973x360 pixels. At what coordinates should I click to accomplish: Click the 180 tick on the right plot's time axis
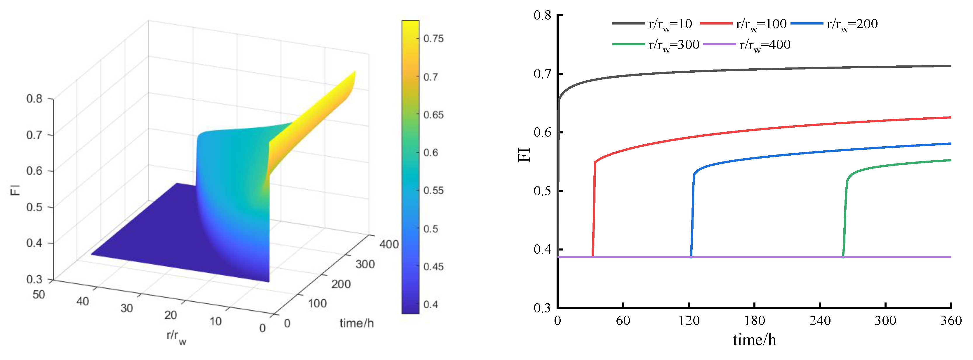[754, 321]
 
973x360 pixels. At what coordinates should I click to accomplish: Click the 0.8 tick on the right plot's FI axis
[542, 15]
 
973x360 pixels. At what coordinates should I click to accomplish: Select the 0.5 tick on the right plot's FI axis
[542, 191]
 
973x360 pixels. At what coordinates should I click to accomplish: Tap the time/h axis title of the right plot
[754, 340]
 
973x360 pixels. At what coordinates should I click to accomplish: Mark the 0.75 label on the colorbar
[433, 39]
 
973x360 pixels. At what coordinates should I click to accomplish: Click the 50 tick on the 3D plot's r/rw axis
[39, 294]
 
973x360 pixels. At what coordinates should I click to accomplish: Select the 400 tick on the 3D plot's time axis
[389, 244]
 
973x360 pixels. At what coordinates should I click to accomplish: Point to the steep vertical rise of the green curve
[845, 219]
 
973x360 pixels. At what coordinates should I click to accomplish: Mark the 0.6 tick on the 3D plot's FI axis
[34, 171]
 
